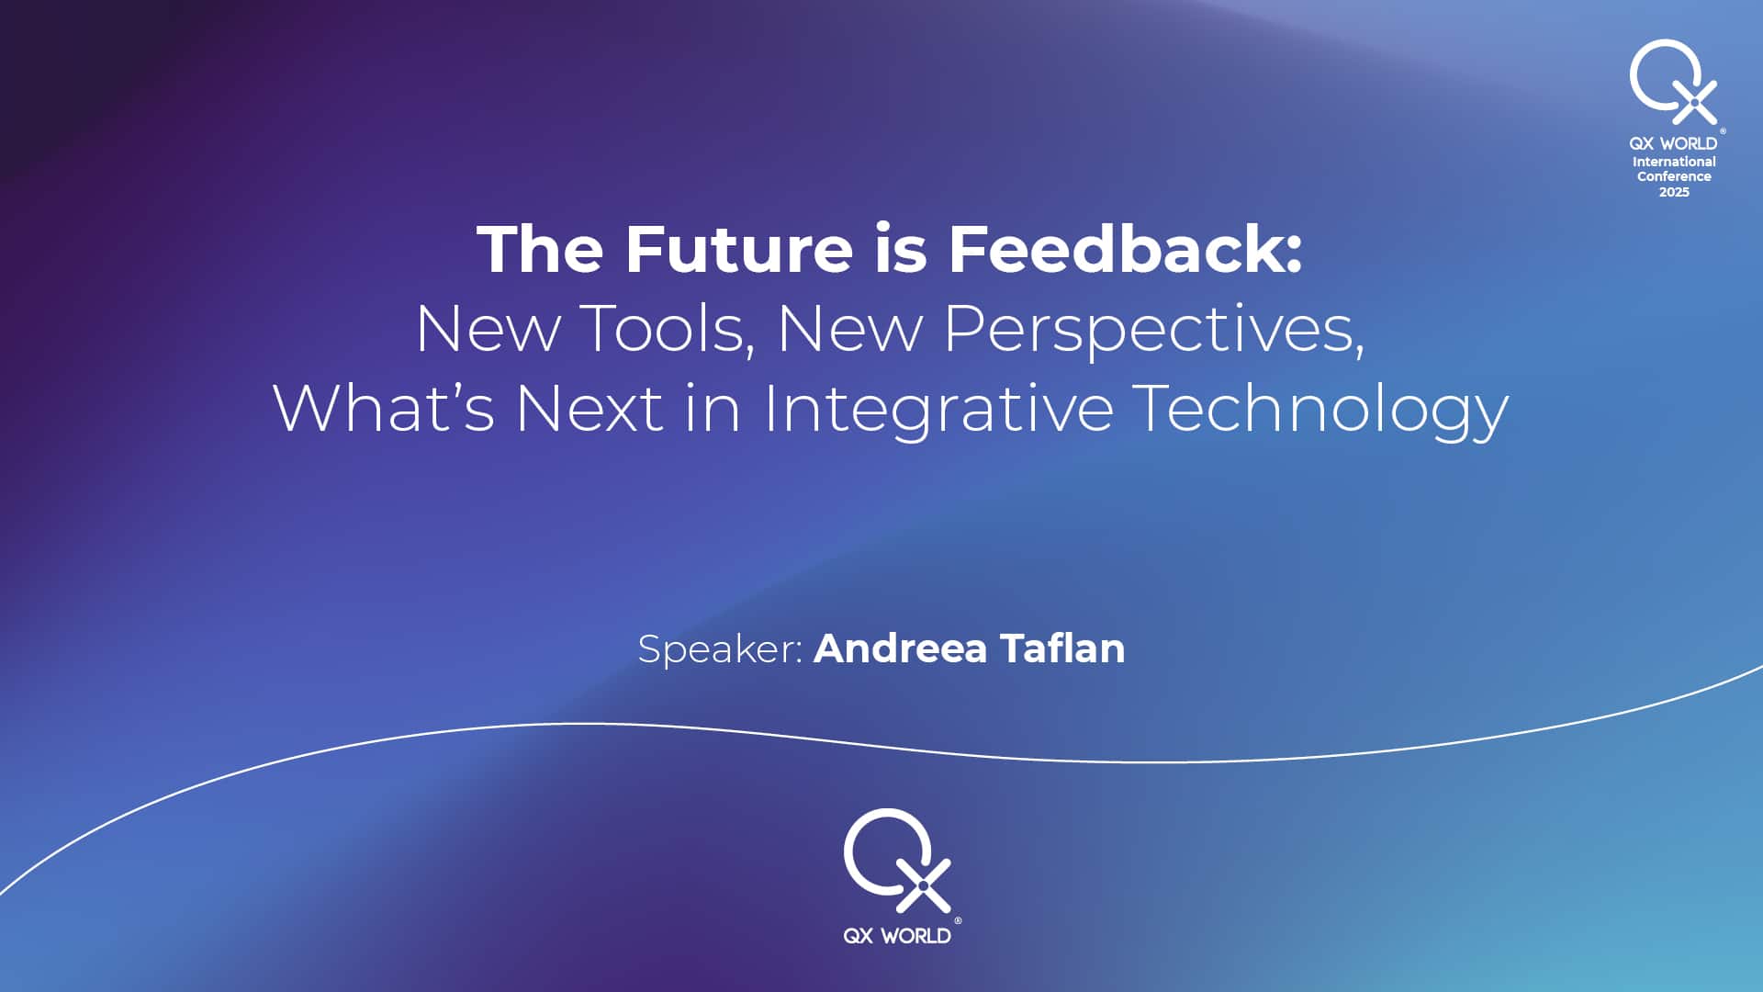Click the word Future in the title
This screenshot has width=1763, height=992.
tap(739, 249)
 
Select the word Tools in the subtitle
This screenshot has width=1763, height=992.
tap(668, 328)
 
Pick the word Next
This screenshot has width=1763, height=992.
tap(590, 408)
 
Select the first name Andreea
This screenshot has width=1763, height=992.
tap(901, 648)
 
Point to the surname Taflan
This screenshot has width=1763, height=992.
tap(1062, 648)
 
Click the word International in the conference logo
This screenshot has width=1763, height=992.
tap(1674, 162)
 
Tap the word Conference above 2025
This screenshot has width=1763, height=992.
tap(1674, 176)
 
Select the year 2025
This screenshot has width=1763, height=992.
tap(1674, 192)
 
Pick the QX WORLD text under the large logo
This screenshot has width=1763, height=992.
tap(897, 936)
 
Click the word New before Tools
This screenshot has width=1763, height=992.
tap(488, 328)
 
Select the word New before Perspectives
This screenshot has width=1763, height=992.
tap(850, 328)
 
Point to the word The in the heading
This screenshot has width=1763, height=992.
tap(540, 249)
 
